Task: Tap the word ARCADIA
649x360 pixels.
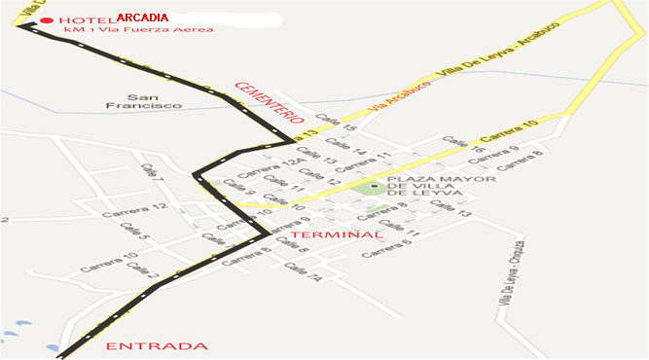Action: pos(142,18)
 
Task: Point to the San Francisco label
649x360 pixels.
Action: pos(143,100)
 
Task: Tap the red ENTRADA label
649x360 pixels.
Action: pos(156,346)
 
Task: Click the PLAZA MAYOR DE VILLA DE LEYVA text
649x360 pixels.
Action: pos(441,185)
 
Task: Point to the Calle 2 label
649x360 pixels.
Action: pos(139,271)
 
